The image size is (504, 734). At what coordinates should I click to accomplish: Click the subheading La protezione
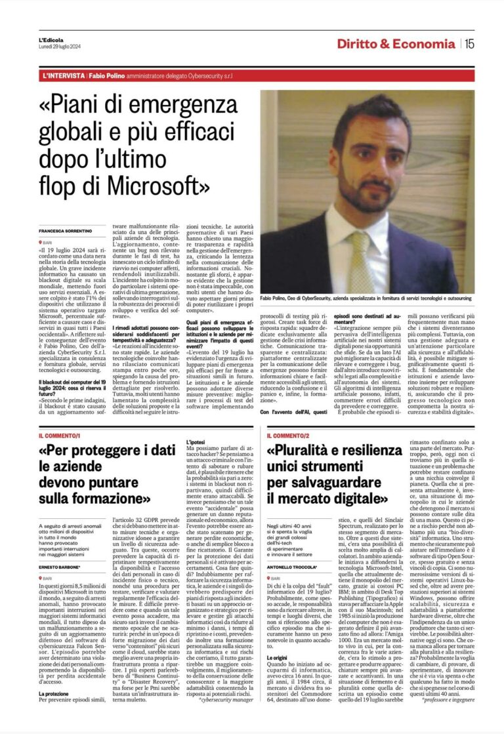coord(56,693)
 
